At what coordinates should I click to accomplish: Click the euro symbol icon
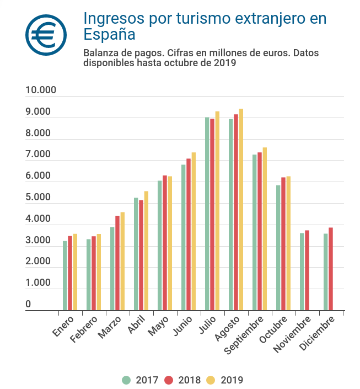(46, 35)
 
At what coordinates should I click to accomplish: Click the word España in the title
(109, 34)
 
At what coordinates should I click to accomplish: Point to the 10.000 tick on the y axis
(41, 90)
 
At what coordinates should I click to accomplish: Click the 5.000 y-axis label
(38, 197)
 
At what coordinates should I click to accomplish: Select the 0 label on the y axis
(28, 304)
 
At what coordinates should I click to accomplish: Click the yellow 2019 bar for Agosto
(241, 209)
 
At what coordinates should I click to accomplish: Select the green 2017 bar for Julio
(207, 214)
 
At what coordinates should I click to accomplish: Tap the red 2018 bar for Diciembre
(331, 269)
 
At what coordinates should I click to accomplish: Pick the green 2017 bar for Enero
(65, 276)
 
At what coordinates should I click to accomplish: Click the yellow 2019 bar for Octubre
(288, 243)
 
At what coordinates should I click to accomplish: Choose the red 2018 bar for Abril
(141, 255)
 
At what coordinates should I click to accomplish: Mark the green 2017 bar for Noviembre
(302, 271)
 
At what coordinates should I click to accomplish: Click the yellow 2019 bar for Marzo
(122, 261)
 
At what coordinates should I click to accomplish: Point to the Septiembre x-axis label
(244, 335)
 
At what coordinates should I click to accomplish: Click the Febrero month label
(84, 329)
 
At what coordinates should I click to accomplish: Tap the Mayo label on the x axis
(158, 326)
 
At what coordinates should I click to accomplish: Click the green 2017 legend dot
(126, 380)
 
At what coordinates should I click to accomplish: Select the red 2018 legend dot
(169, 380)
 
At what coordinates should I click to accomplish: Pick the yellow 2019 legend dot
(211, 380)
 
